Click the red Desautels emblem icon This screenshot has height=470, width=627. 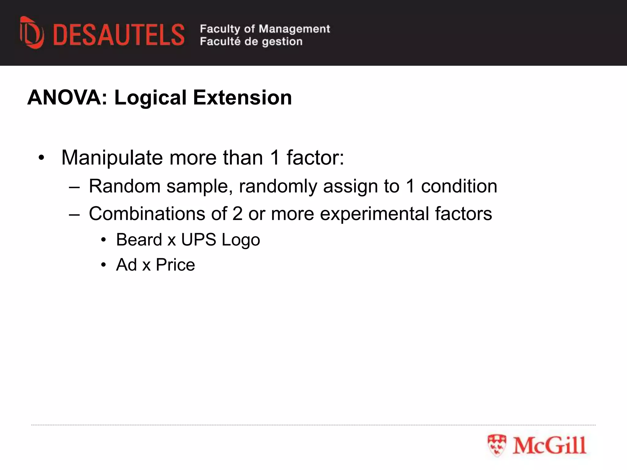tap(32, 33)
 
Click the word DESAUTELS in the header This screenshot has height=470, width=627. tap(119, 35)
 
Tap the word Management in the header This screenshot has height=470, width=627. tap(294, 29)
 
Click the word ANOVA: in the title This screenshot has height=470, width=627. tap(68, 98)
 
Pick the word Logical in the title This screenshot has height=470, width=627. tap(150, 98)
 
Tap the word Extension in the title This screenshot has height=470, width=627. tap(242, 98)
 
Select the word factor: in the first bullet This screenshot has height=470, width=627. tap(315, 158)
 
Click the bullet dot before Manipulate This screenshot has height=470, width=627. tap(41, 158)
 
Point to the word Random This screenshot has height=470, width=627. tap(125, 186)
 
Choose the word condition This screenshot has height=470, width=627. tap(459, 186)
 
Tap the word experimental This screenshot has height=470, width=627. tap(374, 214)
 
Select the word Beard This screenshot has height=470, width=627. tap(139, 240)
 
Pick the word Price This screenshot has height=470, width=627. tap(175, 265)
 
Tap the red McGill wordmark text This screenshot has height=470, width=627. tap(550, 446)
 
